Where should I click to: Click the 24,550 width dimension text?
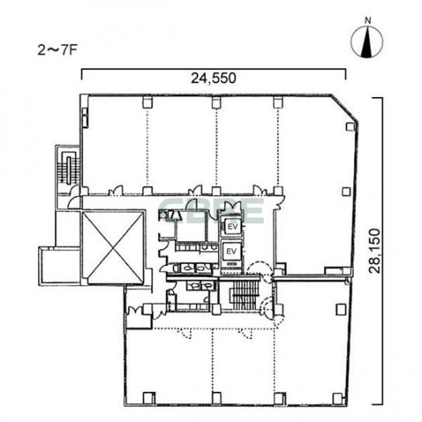(213, 78)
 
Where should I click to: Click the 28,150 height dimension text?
(375, 251)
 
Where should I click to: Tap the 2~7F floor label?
(57, 50)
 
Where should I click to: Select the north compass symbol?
(367, 42)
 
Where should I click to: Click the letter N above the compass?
(368, 21)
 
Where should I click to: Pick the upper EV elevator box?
(232, 227)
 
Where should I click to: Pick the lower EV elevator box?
(231, 251)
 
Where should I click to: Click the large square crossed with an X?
(112, 247)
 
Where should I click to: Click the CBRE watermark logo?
(212, 211)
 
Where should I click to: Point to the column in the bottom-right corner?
(337, 399)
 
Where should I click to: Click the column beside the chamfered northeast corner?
(350, 126)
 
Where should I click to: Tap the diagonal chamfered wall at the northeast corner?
(344, 108)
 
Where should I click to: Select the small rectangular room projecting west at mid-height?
(60, 266)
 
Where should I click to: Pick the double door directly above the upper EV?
(232, 208)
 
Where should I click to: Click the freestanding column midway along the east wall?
(347, 192)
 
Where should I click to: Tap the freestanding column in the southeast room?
(341, 310)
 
